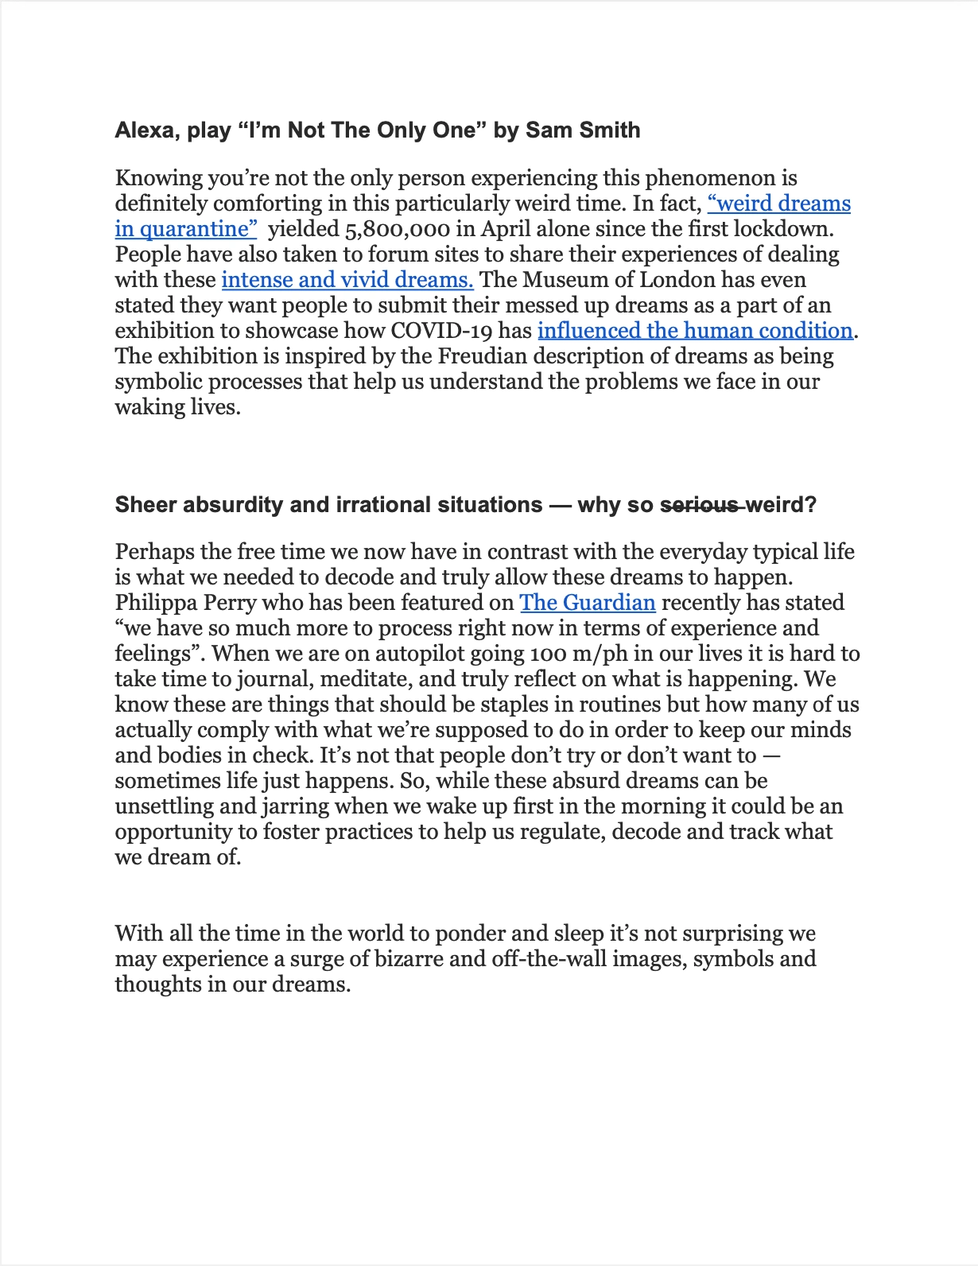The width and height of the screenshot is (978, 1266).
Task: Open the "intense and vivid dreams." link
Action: pos(347,280)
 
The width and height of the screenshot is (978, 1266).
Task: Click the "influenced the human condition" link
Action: pos(695,331)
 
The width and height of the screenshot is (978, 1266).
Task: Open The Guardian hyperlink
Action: pos(588,603)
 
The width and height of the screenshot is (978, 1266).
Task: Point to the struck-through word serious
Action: pos(700,505)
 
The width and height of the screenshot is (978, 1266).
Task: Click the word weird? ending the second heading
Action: pos(781,505)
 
